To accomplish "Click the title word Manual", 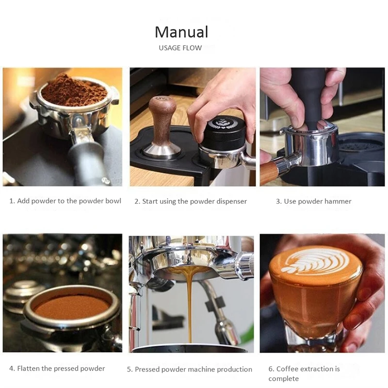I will click(181, 32).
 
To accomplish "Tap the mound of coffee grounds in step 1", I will click(72, 90).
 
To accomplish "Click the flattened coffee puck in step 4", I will click(73, 307).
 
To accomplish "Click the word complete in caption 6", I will click(284, 379).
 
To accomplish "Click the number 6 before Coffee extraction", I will click(271, 369).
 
